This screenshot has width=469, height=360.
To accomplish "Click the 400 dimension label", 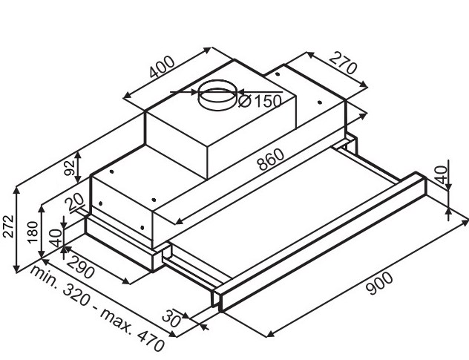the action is coord(162,67).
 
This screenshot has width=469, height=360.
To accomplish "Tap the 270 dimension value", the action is coord(343,63).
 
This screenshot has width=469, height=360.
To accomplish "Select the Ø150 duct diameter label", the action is coord(260,101).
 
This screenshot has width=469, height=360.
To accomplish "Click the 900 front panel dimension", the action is coord(379,283).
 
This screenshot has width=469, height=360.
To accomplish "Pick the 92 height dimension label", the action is coord(70,168).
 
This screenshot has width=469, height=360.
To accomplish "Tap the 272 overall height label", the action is coord(8,226).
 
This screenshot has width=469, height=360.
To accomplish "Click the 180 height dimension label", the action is coord(33,232).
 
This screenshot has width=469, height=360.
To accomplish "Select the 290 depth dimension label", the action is coord(80,267).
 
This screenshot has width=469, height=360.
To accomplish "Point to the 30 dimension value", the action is coord(171,318).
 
